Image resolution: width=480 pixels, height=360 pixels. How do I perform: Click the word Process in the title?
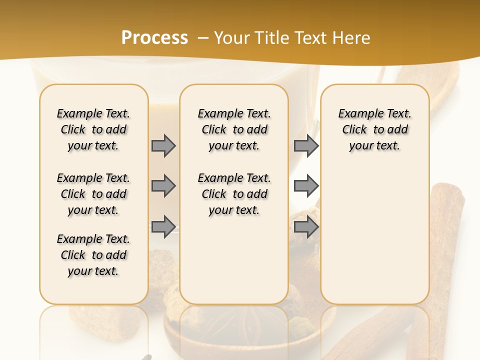coord(154,38)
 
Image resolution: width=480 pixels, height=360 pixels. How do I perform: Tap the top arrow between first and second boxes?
coord(163,145)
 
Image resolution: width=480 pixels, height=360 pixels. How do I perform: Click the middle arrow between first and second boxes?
coord(163,186)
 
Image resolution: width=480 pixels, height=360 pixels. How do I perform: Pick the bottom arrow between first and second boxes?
coord(163,226)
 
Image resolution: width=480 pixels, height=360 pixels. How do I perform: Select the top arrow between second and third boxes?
coord(306,145)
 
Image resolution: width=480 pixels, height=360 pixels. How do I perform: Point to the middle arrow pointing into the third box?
coord(306,186)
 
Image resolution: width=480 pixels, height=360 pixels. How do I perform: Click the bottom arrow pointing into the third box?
coord(306,227)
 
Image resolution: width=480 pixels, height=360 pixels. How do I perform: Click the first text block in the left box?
coord(93,129)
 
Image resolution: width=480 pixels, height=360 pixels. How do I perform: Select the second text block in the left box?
coord(93,194)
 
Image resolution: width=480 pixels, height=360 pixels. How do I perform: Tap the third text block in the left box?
coord(93,255)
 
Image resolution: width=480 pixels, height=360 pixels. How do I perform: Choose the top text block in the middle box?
coord(234,129)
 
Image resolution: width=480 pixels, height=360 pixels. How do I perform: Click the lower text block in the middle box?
coord(234,194)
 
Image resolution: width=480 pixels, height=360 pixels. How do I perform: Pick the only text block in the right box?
coord(374,129)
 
